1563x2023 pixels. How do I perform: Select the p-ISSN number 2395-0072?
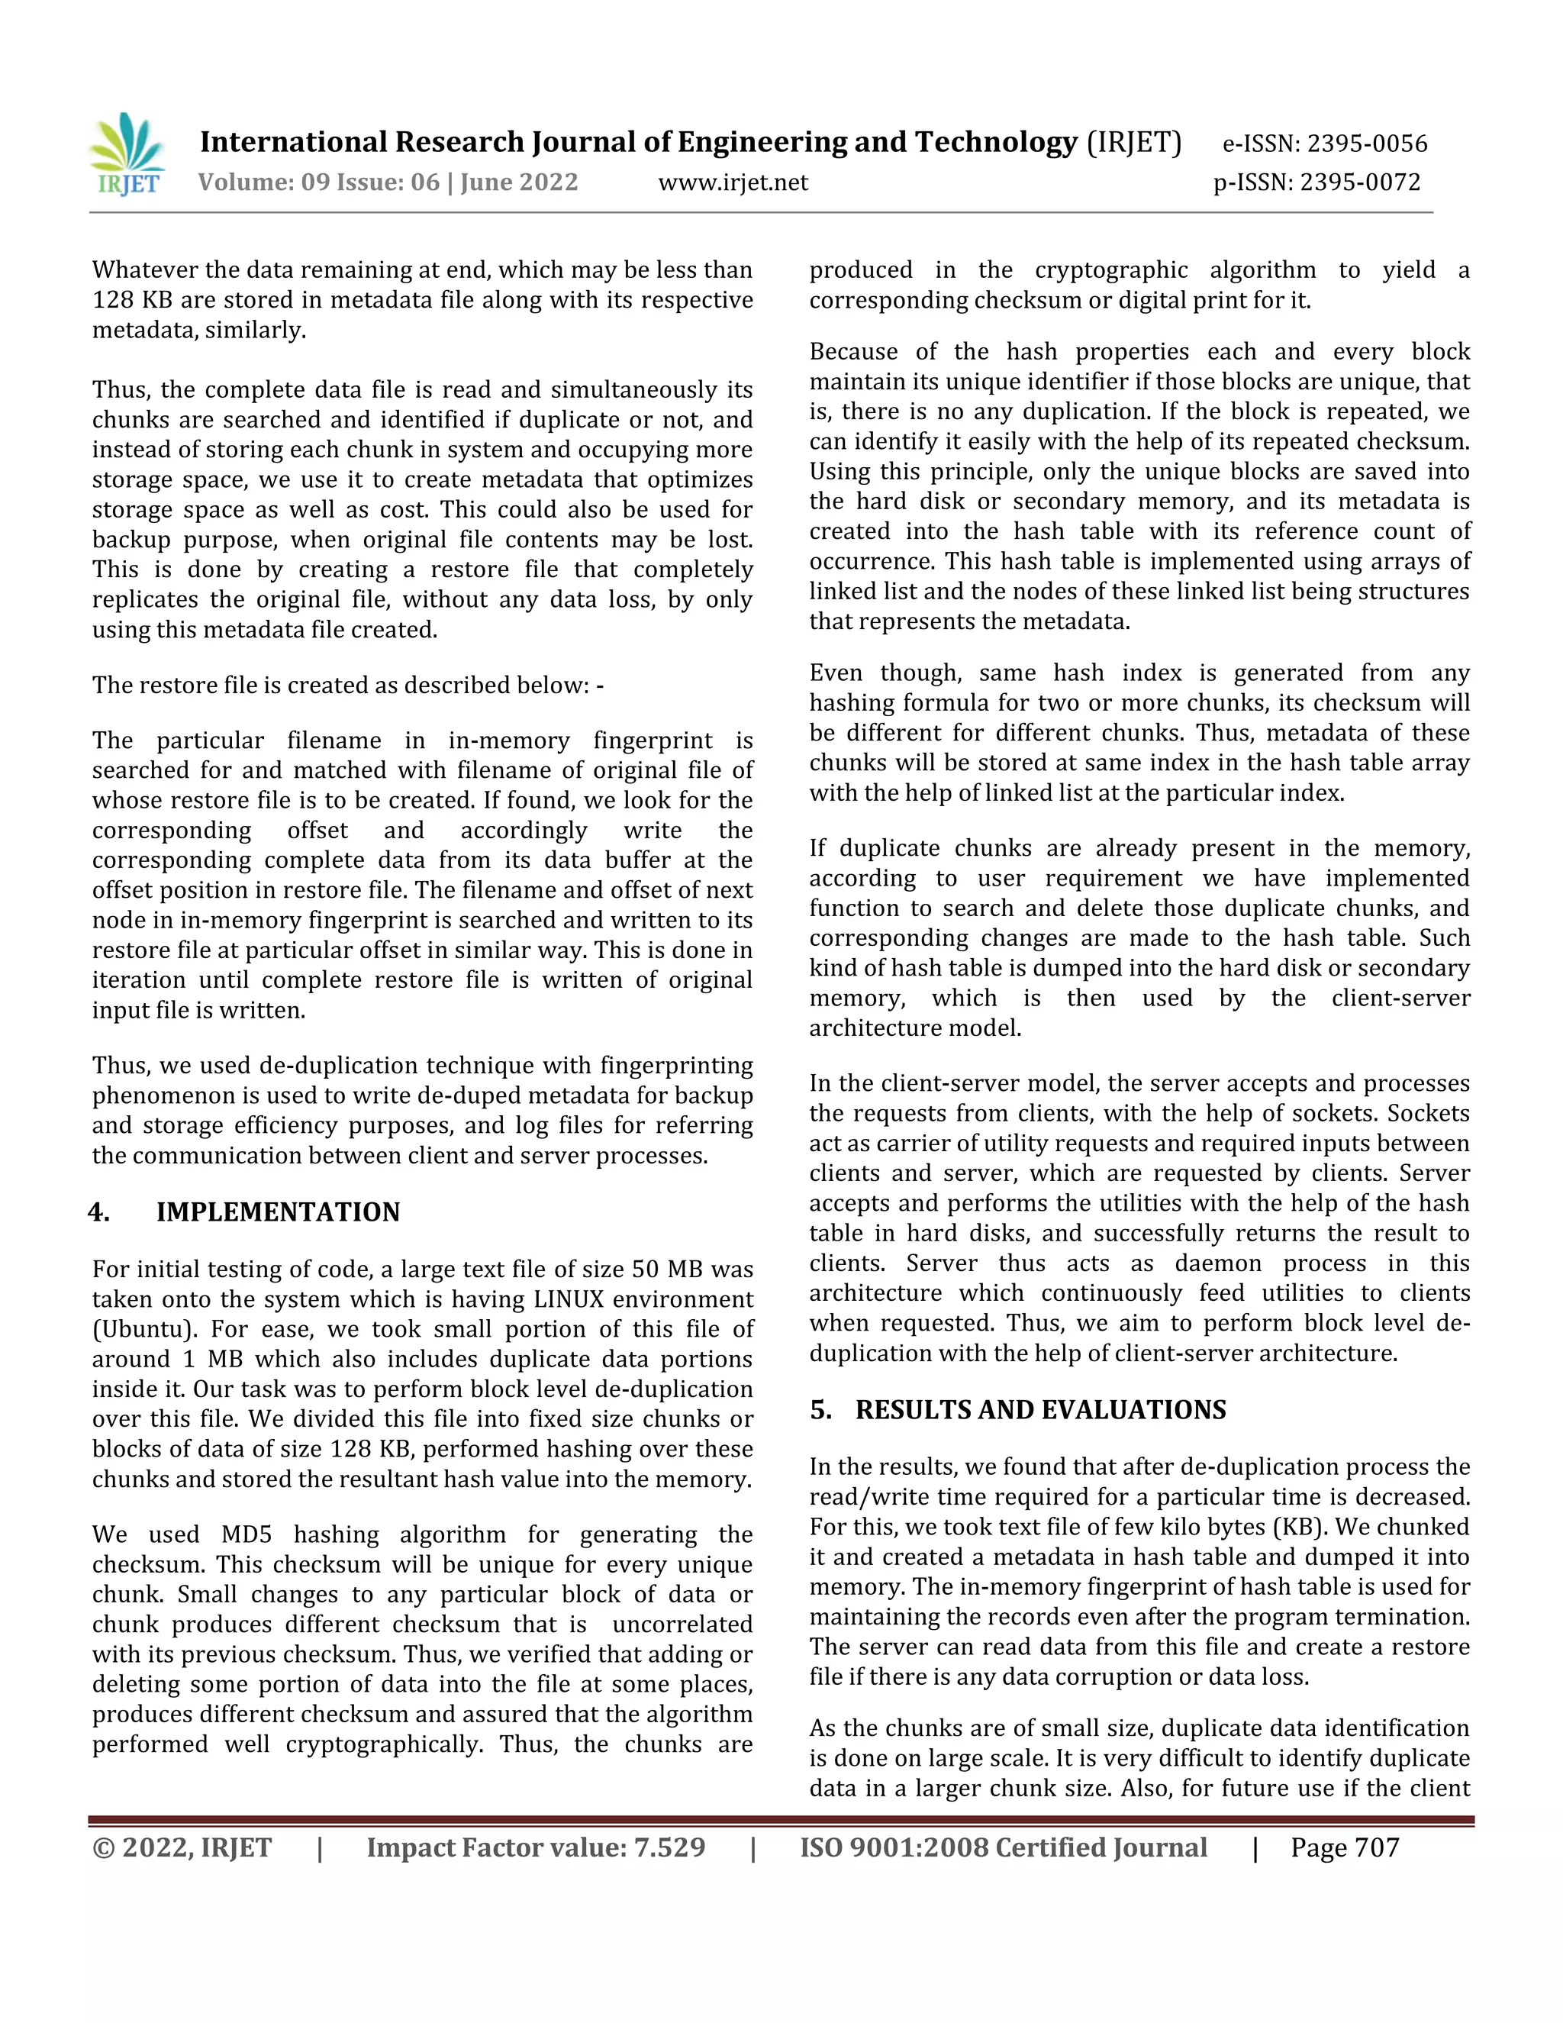1359,182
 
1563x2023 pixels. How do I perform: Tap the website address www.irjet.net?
733,182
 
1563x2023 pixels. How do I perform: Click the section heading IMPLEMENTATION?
278,1212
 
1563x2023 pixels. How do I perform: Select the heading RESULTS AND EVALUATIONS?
1040,1410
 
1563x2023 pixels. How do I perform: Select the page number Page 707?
1345,1848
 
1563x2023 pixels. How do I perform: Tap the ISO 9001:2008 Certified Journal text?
1003,1848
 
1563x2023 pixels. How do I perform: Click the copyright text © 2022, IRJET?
182,1848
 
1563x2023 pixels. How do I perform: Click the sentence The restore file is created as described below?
347,686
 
